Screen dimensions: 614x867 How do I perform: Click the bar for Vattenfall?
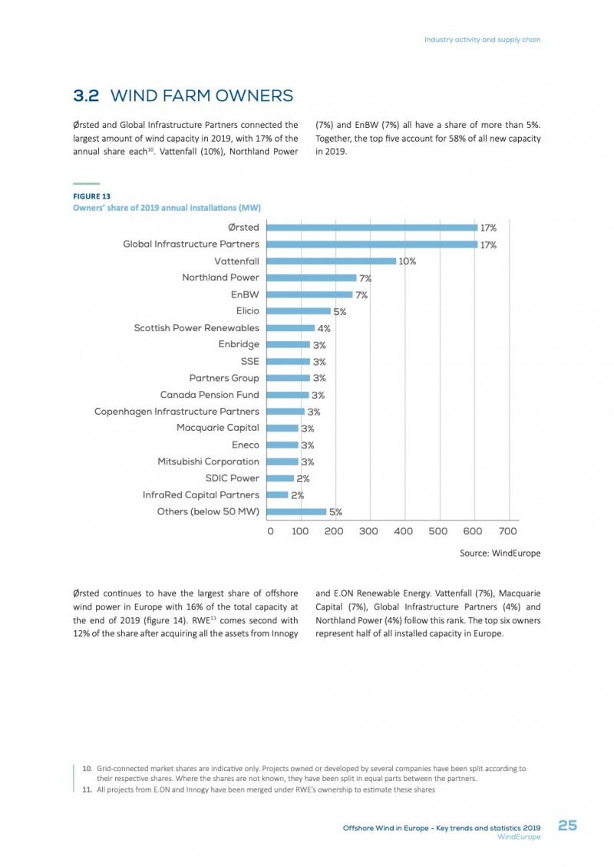(x=331, y=261)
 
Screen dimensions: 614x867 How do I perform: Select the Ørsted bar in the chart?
(x=371, y=227)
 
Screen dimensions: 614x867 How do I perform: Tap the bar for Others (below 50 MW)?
(x=296, y=511)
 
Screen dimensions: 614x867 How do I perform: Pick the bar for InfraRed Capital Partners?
(x=277, y=495)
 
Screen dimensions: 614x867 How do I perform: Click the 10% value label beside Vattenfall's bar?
(x=407, y=261)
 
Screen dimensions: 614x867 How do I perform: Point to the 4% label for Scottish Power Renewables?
(x=324, y=328)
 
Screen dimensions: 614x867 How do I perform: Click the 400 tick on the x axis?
(x=403, y=531)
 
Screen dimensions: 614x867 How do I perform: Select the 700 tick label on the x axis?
(x=507, y=531)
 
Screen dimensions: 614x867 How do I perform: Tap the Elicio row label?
(x=247, y=310)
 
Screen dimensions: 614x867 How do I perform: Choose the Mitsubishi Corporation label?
(x=208, y=461)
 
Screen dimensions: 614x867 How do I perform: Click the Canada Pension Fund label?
(x=210, y=395)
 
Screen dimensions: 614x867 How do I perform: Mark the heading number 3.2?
(x=86, y=96)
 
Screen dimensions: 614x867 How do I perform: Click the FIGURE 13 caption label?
(x=92, y=196)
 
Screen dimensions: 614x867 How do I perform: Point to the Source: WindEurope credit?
(x=500, y=553)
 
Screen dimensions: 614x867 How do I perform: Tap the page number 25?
(x=567, y=826)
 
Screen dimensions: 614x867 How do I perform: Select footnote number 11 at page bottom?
(x=87, y=790)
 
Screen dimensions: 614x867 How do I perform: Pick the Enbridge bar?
(x=288, y=344)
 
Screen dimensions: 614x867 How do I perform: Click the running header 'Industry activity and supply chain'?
(x=482, y=40)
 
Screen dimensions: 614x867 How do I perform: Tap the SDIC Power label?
(x=232, y=478)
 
